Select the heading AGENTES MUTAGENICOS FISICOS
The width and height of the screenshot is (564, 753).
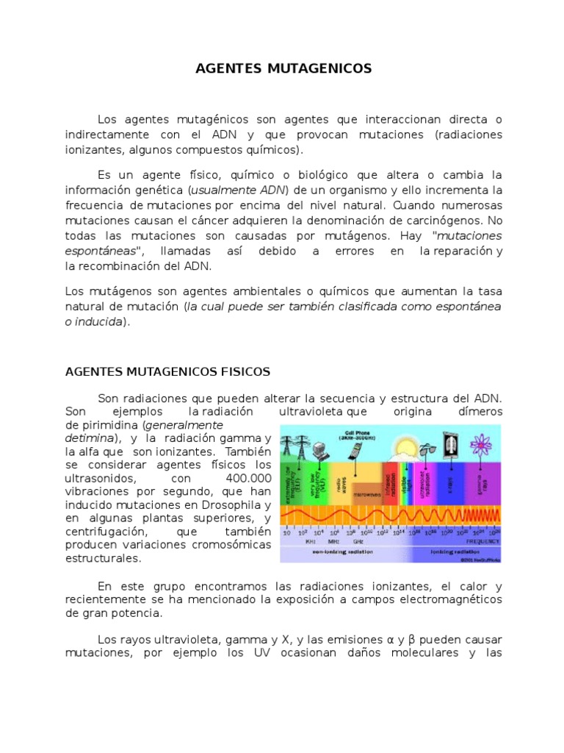167,371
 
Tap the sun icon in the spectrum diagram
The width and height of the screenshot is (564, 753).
404,446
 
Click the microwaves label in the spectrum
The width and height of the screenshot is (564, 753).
367,494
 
